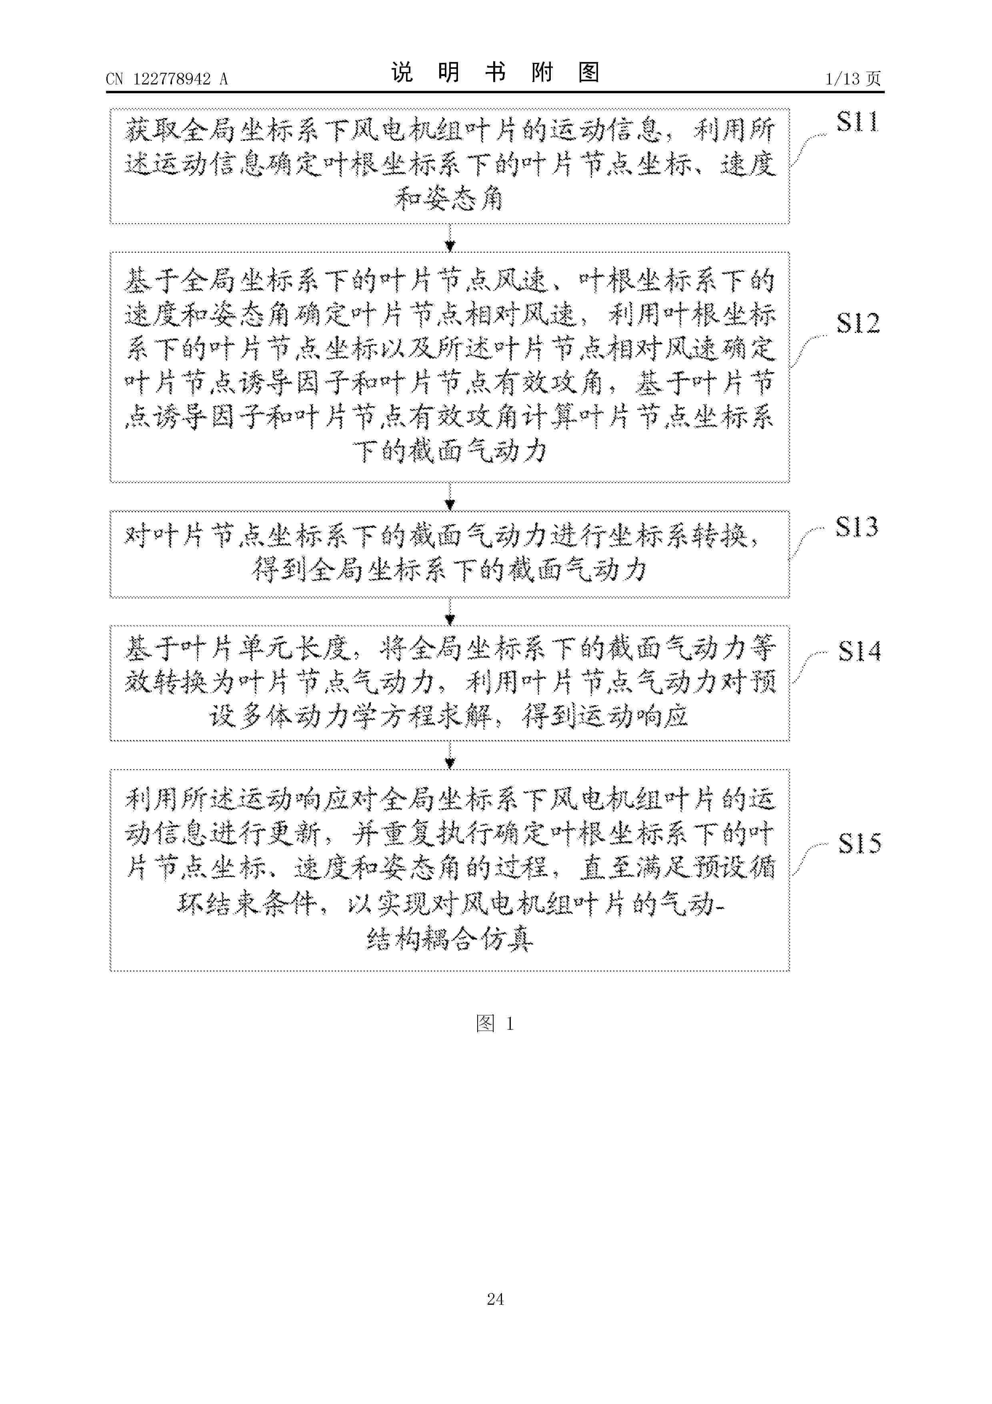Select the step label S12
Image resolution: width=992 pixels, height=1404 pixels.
coord(858,323)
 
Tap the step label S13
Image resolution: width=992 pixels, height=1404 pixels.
coord(857,527)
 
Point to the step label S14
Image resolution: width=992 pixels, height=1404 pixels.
coord(859,651)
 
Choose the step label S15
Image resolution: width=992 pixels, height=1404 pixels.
coord(859,843)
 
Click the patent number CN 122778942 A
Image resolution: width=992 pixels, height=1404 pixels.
coord(167,79)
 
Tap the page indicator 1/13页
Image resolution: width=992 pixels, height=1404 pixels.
coord(853,79)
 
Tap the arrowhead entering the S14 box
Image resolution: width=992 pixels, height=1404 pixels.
coord(450,620)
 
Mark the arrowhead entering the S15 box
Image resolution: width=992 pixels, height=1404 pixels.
coord(450,764)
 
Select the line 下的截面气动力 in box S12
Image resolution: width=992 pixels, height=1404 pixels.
coord(450,452)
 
